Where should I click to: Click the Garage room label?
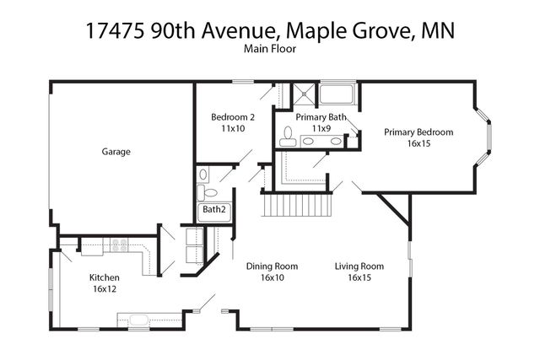116,152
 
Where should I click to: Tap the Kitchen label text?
105,277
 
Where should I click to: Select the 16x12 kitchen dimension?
105,289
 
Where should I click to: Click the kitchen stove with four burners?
119,246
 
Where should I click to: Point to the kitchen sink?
136,320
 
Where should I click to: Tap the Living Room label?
359,266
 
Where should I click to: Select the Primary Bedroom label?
418,132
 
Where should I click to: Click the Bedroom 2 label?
233,117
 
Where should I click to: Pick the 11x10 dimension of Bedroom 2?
233,129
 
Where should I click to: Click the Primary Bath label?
320,117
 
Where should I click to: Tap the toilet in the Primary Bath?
287,136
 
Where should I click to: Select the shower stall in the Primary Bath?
302,92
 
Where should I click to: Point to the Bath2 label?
213,209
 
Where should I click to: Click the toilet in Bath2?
202,175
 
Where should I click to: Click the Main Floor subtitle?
269,50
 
